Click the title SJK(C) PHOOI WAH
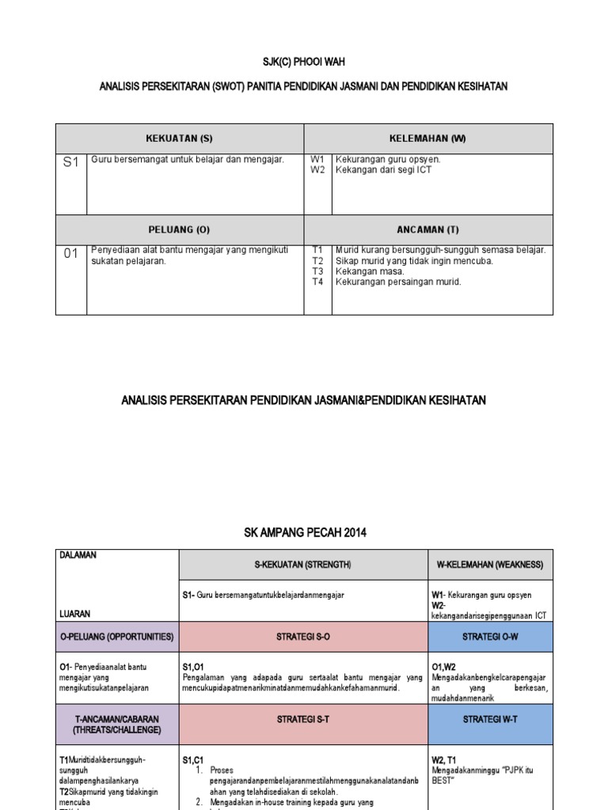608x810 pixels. point(304,62)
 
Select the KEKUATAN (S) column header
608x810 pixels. point(180,138)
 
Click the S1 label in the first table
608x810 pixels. point(71,163)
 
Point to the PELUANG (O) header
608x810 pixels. point(180,229)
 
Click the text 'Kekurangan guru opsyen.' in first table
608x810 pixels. point(388,159)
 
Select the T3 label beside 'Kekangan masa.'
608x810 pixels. point(318,271)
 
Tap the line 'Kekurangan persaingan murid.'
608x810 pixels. point(398,282)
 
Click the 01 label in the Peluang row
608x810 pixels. point(71,254)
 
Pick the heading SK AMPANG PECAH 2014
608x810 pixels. point(304,533)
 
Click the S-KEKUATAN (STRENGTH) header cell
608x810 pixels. point(303,565)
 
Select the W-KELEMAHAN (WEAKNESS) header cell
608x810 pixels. point(490,565)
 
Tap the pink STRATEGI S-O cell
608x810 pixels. point(303,637)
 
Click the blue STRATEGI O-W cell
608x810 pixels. point(490,637)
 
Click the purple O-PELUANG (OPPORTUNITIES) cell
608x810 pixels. point(117,637)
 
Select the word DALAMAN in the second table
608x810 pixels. point(78,555)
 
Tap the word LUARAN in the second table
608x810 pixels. point(74,613)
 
